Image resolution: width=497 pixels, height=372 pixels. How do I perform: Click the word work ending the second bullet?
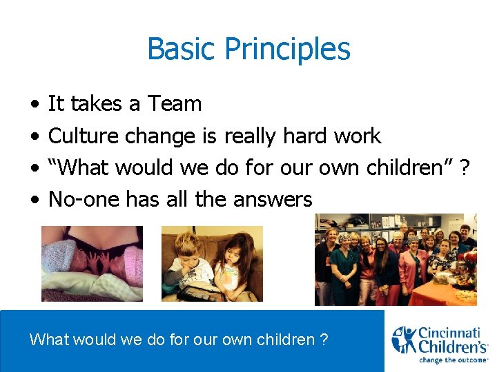[356, 136]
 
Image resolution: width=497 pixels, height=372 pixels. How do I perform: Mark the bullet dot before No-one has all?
[35, 200]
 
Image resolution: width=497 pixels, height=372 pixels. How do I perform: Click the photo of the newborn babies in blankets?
[92, 264]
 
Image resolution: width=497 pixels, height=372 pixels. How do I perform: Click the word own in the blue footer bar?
[233, 340]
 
